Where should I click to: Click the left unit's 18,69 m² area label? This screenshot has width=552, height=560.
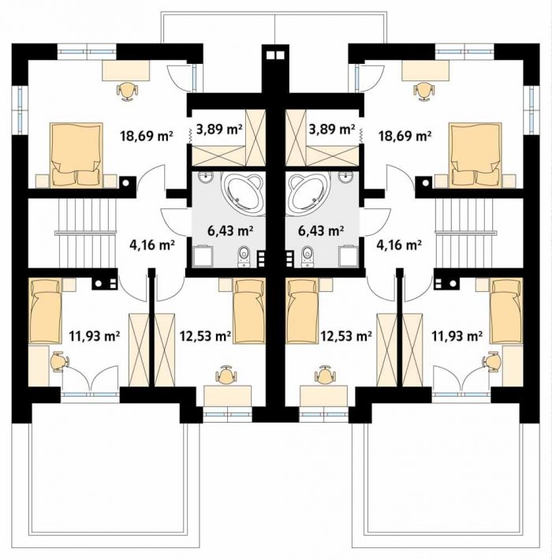(x=147, y=136)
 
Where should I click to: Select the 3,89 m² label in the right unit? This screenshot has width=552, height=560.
(x=332, y=129)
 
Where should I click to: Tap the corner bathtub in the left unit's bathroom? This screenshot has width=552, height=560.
(x=243, y=193)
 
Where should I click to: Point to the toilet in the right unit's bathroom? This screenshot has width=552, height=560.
(x=308, y=256)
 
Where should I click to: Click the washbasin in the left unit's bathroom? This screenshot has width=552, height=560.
(x=207, y=177)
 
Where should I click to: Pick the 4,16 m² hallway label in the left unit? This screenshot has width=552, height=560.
(x=151, y=245)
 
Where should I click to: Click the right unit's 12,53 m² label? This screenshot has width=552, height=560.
(x=346, y=336)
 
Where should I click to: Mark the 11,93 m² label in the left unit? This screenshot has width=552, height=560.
(x=94, y=336)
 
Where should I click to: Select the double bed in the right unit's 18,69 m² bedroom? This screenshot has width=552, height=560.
(x=475, y=155)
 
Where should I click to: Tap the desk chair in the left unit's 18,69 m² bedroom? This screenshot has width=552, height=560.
(x=127, y=91)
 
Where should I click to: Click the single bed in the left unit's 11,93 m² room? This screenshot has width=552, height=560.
(x=45, y=311)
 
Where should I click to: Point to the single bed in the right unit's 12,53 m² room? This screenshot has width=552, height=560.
(x=302, y=311)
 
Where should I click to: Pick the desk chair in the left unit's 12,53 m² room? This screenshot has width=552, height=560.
(x=226, y=375)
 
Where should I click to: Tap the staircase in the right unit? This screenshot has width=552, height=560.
(x=467, y=233)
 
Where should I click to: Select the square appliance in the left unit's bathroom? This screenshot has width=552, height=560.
(x=203, y=256)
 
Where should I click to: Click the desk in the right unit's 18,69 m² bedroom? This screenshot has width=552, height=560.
(x=425, y=70)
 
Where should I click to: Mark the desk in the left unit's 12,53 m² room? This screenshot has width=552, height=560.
(x=227, y=396)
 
